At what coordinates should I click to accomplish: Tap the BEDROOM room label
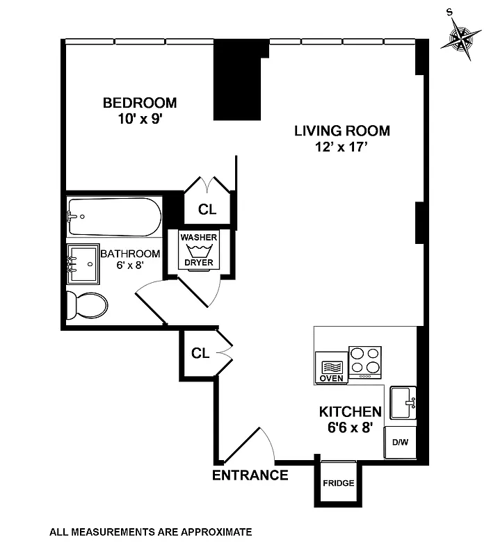[140, 103]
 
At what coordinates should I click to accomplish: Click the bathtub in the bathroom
[115, 217]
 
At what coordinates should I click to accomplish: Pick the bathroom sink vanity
[83, 265]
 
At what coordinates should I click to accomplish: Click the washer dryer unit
[200, 250]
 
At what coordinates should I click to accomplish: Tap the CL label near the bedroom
[207, 209]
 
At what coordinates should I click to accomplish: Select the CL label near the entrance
[200, 353]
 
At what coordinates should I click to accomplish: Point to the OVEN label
[332, 378]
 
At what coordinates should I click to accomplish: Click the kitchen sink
[403, 402]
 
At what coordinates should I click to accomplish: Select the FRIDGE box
[338, 483]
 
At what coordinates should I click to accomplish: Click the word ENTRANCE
[250, 475]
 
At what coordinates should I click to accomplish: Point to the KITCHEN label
[350, 411]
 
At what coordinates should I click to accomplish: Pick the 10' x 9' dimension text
[140, 119]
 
